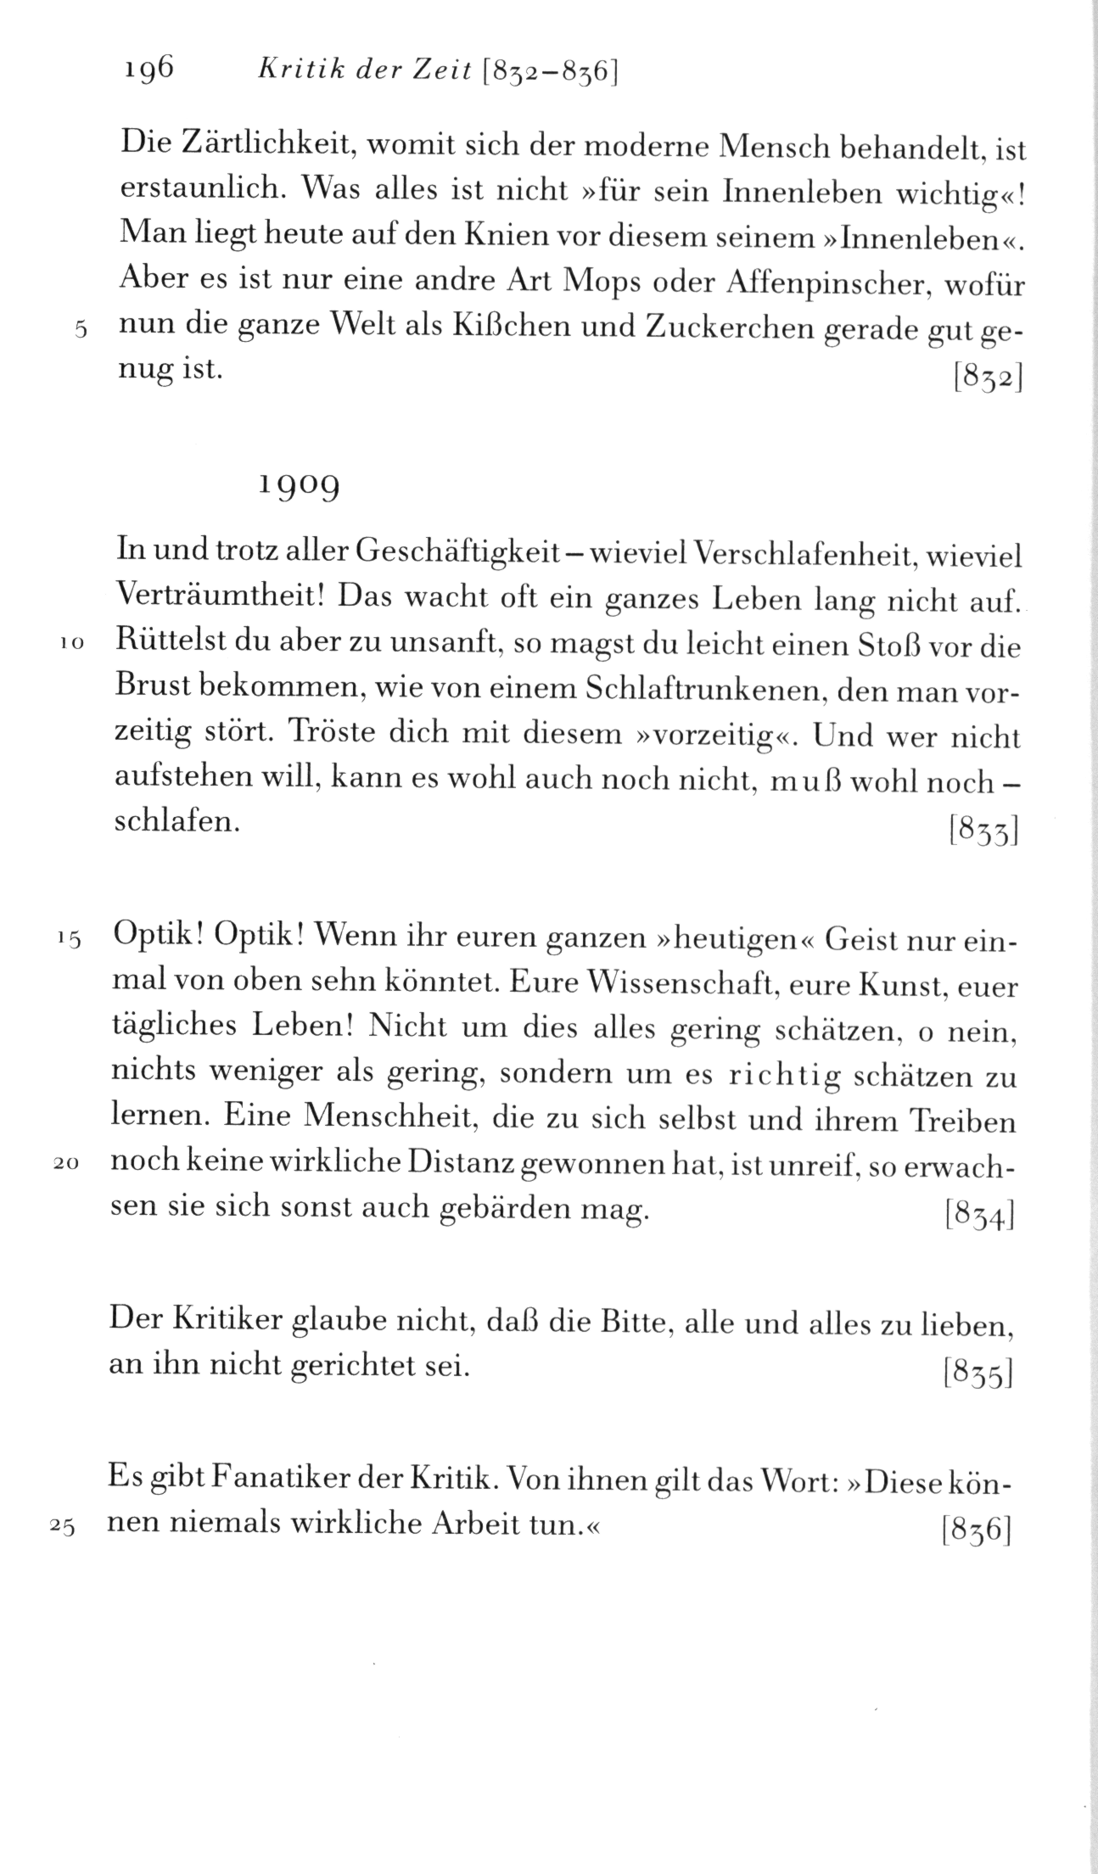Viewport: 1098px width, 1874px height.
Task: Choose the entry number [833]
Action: tap(983, 830)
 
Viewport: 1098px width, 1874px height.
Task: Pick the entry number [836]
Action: tap(978, 1529)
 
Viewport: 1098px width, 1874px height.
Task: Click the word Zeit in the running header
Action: tap(430, 72)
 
